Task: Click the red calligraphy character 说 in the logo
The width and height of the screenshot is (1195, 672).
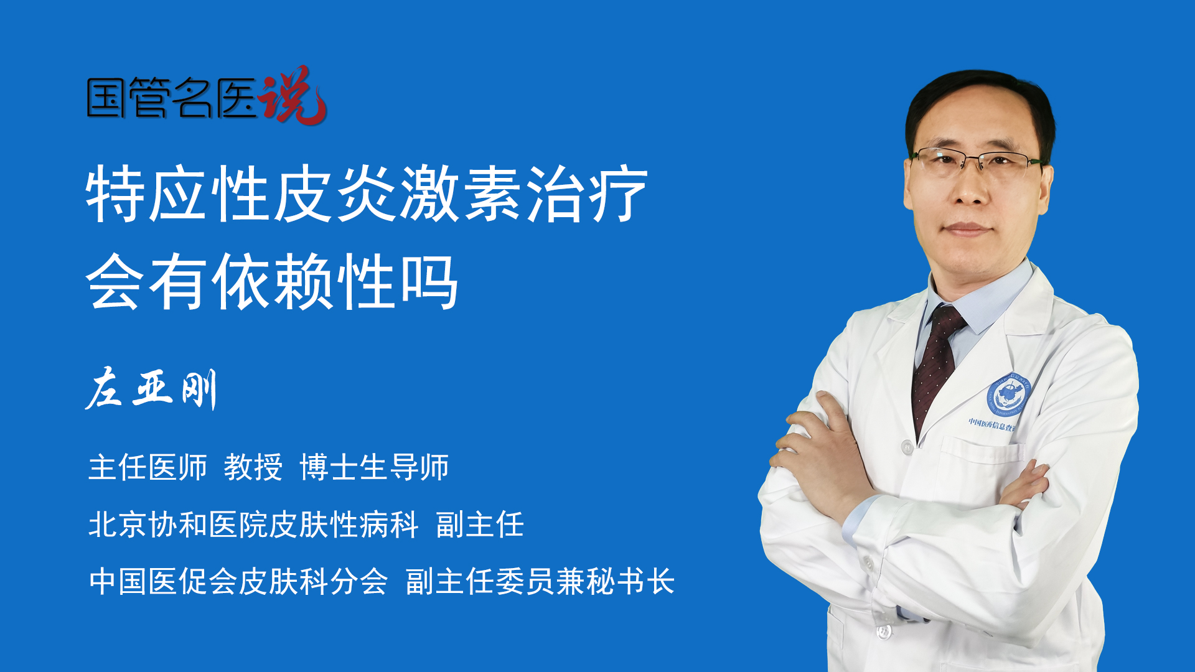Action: [x=293, y=95]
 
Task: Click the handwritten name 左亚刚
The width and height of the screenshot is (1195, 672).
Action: [x=151, y=388]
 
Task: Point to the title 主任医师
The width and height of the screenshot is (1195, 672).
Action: [x=148, y=467]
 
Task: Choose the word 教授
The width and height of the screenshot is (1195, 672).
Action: [x=253, y=467]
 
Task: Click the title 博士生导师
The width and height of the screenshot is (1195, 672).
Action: [x=374, y=467]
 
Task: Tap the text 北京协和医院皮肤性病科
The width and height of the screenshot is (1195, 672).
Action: [x=253, y=525]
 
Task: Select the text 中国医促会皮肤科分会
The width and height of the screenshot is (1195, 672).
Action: [x=238, y=582]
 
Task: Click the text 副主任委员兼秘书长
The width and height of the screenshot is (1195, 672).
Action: [x=540, y=582]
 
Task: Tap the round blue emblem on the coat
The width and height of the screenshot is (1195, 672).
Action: [x=1009, y=396]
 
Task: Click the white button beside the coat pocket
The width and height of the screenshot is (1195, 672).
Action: [x=907, y=447]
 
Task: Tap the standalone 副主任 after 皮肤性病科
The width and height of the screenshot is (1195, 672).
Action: [x=480, y=525]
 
